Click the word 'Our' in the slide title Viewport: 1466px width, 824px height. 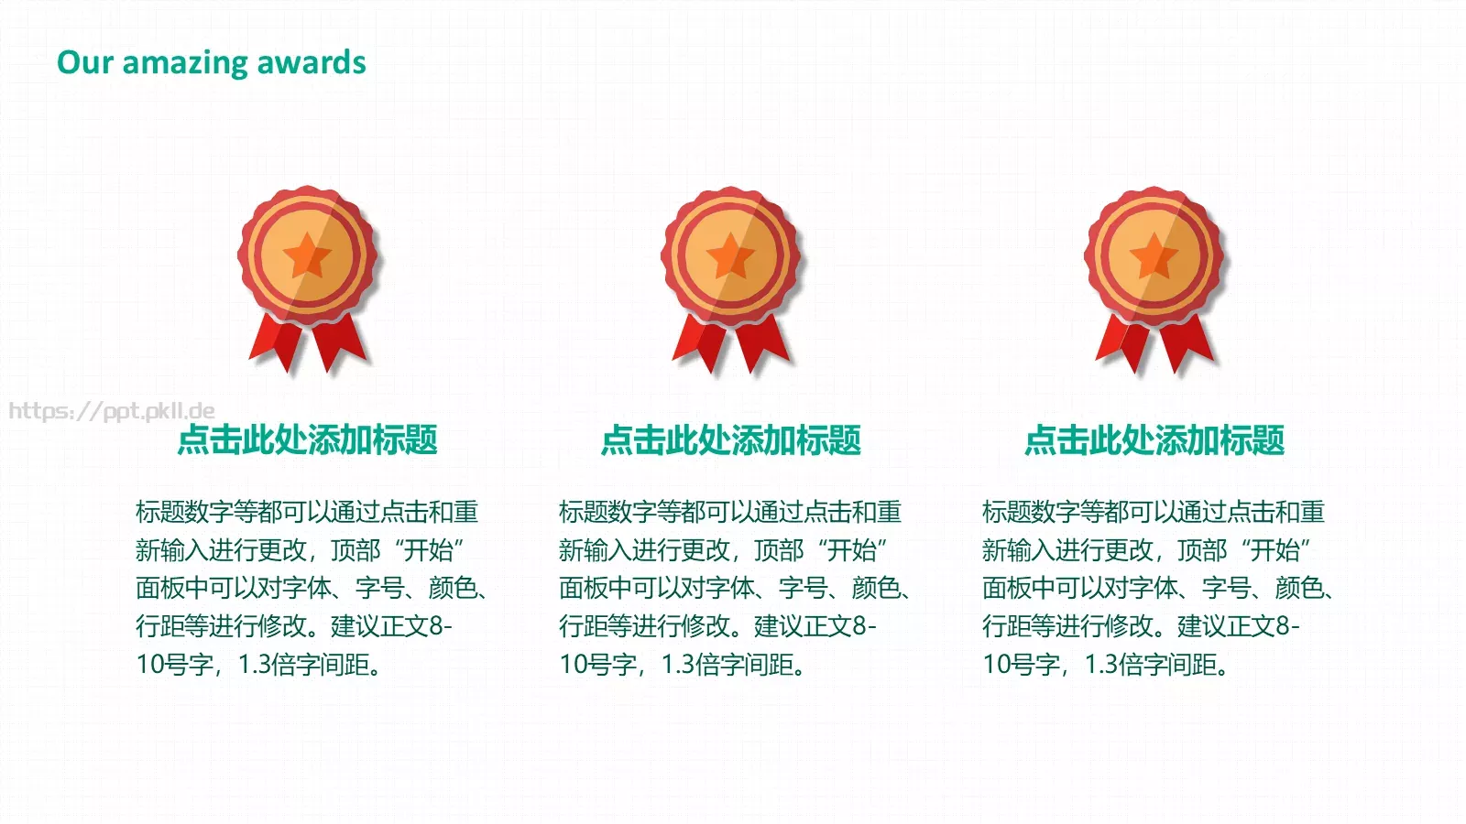tap(85, 63)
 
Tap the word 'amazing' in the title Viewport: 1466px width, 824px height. tap(184, 64)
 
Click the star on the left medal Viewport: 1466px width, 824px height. tap(307, 255)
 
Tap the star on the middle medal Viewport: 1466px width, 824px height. tap(730, 255)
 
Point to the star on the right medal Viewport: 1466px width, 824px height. tap(1154, 255)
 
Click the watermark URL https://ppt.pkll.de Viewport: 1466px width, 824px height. tap(112, 411)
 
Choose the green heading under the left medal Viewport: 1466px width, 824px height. tap(307, 439)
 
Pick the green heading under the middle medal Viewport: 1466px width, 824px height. tap(730, 439)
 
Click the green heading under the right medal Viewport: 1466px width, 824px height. tap(1154, 439)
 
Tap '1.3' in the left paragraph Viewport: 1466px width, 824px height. tap(255, 665)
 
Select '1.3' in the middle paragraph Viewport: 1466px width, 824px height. tap(678, 665)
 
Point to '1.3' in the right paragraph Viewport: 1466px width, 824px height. tap(1101, 665)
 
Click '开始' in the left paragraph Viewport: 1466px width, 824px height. tap(429, 550)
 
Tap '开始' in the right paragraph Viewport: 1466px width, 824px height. tap(1275, 550)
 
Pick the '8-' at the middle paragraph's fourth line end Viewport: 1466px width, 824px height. tap(865, 626)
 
